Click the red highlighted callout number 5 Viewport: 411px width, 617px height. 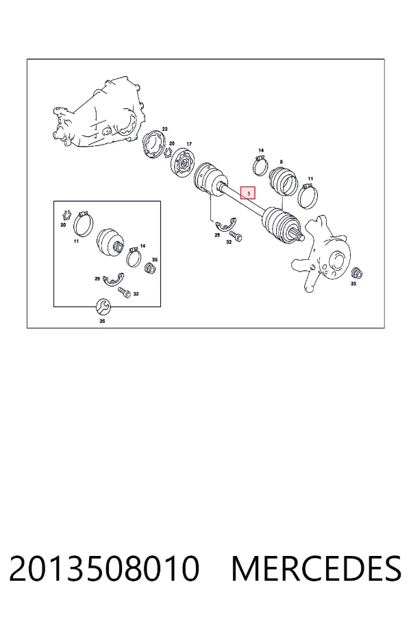point(248,193)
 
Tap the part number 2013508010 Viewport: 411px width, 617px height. point(104,568)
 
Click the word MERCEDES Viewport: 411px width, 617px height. point(316,568)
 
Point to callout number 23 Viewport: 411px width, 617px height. point(165,129)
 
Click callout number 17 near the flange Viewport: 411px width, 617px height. point(189,145)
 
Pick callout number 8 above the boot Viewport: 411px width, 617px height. point(282,162)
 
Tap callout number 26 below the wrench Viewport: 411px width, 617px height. point(102,321)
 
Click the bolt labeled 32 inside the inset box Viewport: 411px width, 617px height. point(124,292)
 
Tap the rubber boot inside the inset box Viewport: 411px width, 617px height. point(111,243)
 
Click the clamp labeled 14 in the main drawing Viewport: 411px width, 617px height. point(260,166)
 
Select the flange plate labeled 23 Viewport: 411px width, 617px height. point(153,146)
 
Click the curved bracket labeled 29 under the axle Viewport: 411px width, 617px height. point(226,224)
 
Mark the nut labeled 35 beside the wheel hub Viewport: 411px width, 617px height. point(356,273)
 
